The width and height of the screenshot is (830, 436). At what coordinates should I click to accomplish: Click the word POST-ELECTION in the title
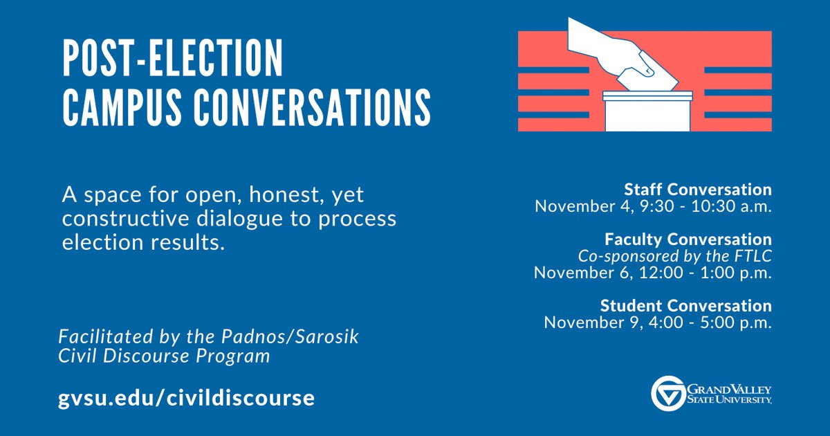coord(173,58)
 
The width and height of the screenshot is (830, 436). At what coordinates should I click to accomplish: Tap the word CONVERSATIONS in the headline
coord(312,107)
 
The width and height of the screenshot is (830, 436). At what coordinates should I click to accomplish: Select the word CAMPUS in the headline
coord(122,107)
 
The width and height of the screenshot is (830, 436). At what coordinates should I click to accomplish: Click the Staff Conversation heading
coord(698,190)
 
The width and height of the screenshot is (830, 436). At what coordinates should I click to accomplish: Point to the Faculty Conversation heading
coord(688,239)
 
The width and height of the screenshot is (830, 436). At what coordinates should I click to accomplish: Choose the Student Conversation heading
coord(686,305)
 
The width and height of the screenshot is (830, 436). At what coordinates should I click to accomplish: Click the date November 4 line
coord(653,206)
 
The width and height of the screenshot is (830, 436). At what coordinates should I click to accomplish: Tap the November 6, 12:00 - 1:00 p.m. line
coord(653,273)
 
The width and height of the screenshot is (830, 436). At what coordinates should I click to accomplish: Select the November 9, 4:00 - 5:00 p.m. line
coord(658,323)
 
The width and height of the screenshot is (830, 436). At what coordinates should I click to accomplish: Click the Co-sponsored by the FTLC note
coord(675,256)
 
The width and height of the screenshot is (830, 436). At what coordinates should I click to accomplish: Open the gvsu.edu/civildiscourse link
coord(186,398)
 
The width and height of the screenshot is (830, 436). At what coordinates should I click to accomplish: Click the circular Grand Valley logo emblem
coord(668,393)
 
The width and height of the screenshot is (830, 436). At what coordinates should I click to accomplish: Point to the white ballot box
coord(647,111)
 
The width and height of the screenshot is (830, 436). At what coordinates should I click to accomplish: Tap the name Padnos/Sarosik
coord(290,336)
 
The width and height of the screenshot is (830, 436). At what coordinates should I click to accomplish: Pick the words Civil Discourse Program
coord(164,356)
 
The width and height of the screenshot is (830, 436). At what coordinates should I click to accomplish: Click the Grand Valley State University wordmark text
coord(729,394)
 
